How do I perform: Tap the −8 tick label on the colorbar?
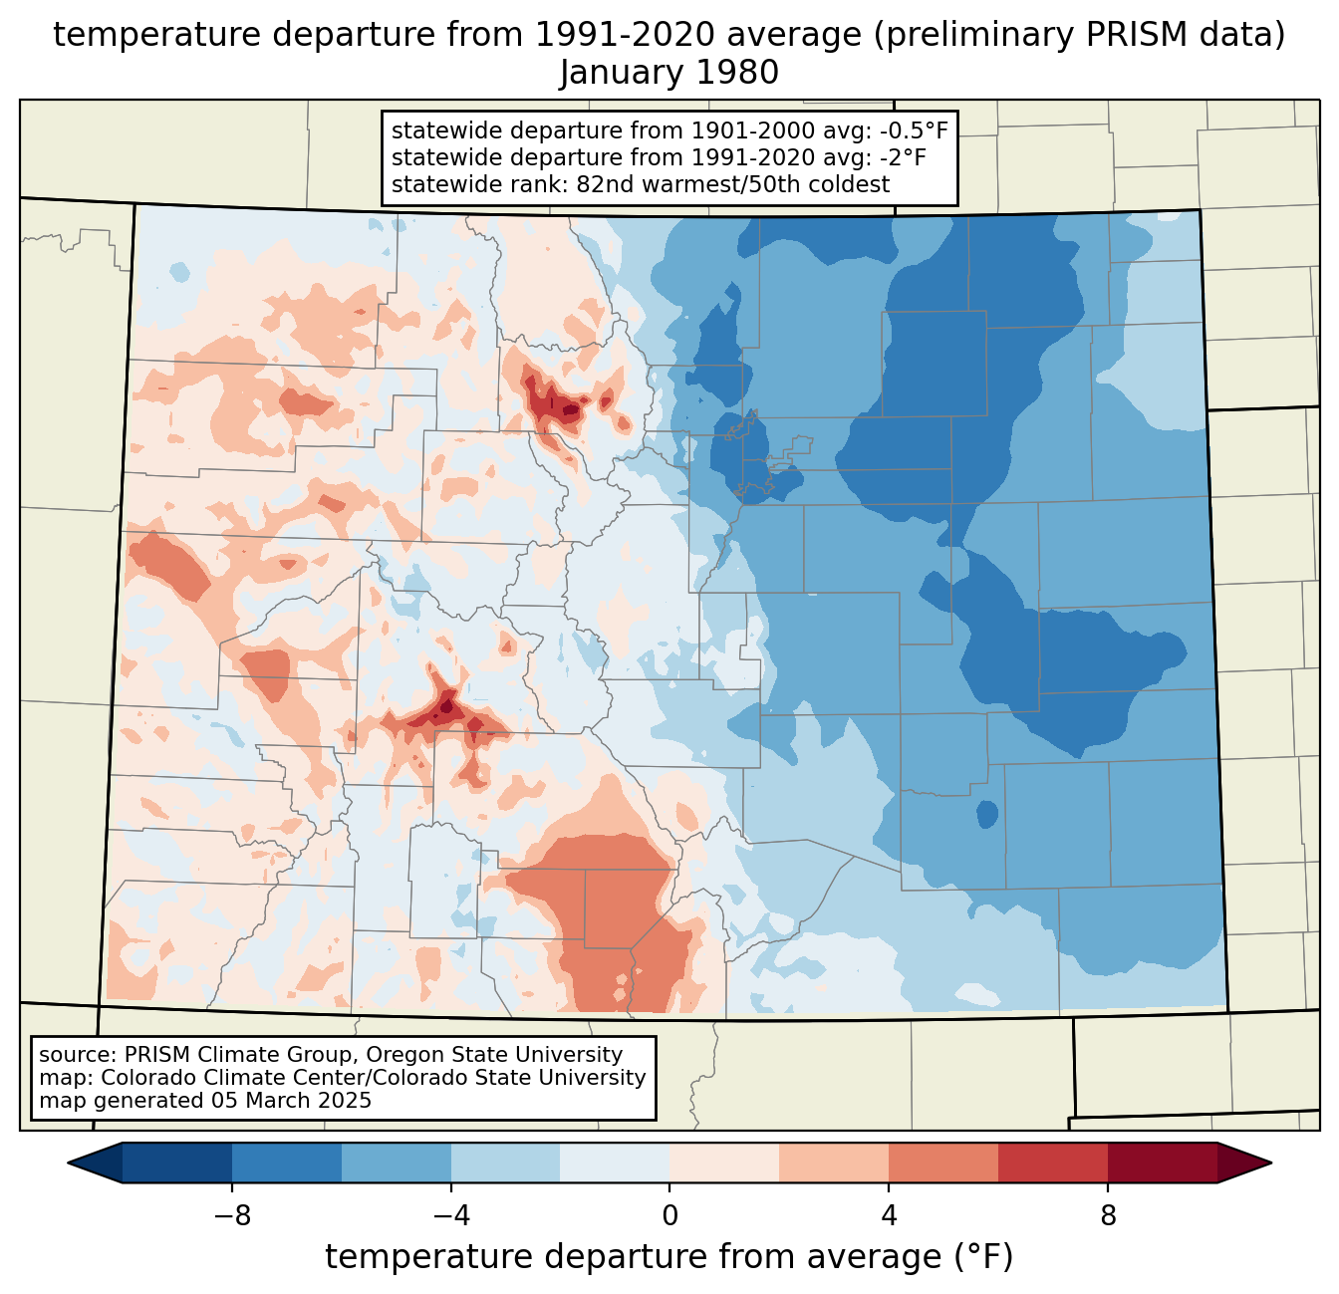click(232, 1215)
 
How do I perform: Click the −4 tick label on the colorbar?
click(451, 1215)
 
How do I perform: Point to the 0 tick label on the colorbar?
click(669, 1215)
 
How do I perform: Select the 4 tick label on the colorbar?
click(889, 1215)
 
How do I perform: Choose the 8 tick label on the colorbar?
click(1108, 1215)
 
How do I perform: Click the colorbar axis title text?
click(669, 1257)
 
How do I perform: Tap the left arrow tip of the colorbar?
click(68, 1163)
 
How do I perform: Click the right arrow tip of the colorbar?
click(1271, 1163)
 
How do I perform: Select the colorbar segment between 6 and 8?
click(1053, 1163)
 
